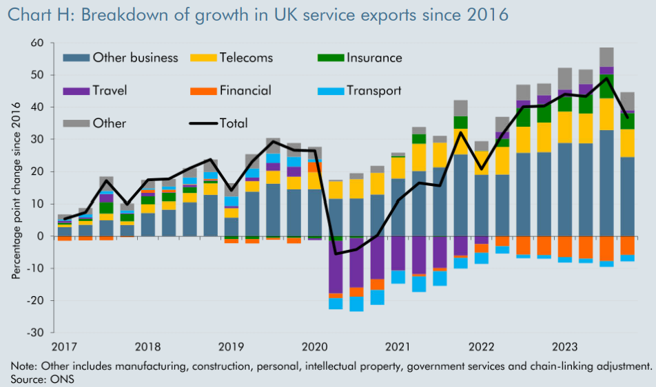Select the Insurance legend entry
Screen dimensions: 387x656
coord(374,58)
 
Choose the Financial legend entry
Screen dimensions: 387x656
coord(245,90)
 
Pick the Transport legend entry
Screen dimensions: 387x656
coord(373,90)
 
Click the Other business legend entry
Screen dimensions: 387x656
coord(135,58)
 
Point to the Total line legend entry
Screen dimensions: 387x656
coord(234,123)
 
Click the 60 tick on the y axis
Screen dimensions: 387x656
coord(37,43)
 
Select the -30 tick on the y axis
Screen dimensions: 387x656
coord(34,332)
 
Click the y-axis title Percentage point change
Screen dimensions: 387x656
coord(16,187)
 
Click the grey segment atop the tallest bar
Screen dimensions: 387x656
coord(606,57)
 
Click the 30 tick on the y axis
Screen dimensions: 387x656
coord(37,140)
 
